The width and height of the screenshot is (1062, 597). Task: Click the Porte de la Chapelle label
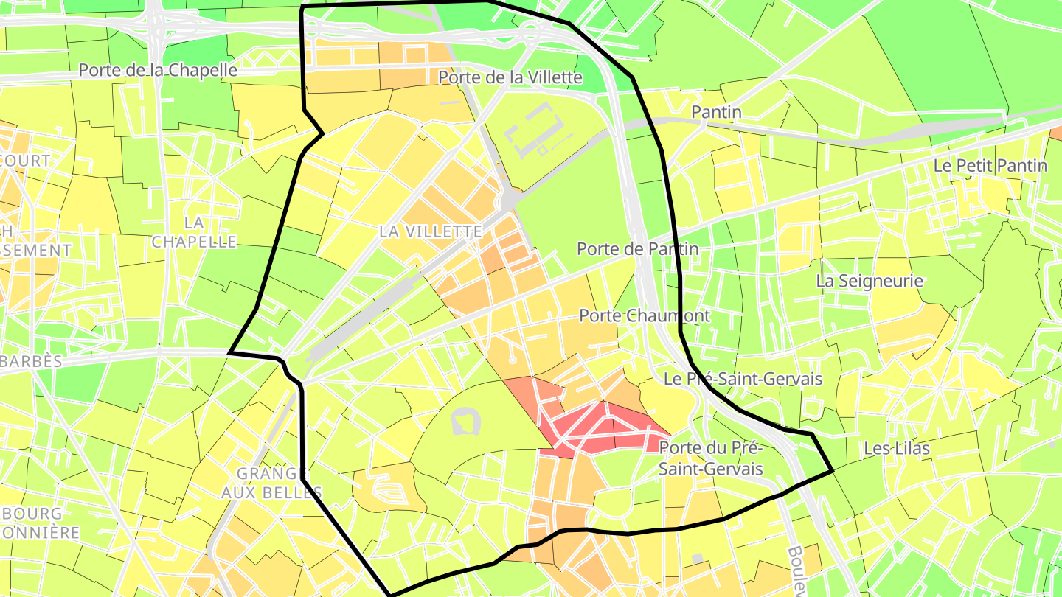pyautogui.click(x=158, y=70)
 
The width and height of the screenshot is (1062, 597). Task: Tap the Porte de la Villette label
pyautogui.click(x=510, y=77)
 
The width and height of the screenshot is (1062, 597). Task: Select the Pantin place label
pyautogui.click(x=716, y=112)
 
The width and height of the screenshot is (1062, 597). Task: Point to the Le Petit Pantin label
pyautogui.click(x=990, y=165)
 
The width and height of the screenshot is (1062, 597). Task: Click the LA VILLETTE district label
pyautogui.click(x=431, y=231)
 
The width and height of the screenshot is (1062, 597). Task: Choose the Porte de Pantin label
pyautogui.click(x=637, y=249)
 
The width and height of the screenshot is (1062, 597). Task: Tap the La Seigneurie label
pyautogui.click(x=870, y=281)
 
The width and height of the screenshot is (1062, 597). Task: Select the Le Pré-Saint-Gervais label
pyautogui.click(x=743, y=379)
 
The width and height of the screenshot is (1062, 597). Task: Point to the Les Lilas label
pyautogui.click(x=896, y=448)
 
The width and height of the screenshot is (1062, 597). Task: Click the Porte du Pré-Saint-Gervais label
pyautogui.click(x=709, y=458)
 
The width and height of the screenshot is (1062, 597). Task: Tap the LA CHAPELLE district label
pyautogui.click(x=194, y=231)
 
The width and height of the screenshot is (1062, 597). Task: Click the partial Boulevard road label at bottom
pyautogui.click(x=796, y=571)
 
